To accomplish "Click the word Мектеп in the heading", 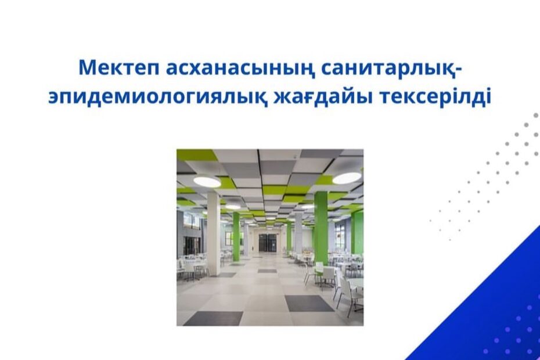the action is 118,68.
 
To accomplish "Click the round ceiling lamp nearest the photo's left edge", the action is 207,181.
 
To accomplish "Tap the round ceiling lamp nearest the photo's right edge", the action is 347,178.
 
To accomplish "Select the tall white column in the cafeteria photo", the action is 214,234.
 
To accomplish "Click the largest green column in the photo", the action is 321,228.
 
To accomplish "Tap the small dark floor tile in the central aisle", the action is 267,271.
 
